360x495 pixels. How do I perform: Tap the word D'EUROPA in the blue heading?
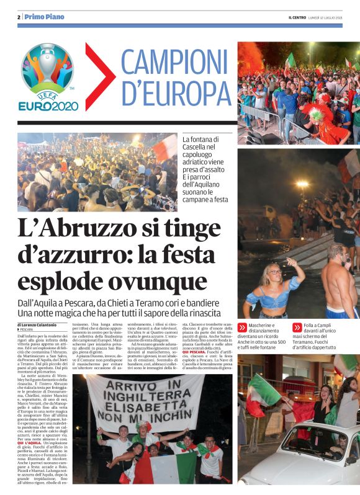point(170,94)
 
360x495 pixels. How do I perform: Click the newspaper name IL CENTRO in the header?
point(296,17)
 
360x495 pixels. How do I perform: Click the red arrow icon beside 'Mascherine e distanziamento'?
point(242,327)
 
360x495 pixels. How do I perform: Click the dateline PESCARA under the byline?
point(27,330)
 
